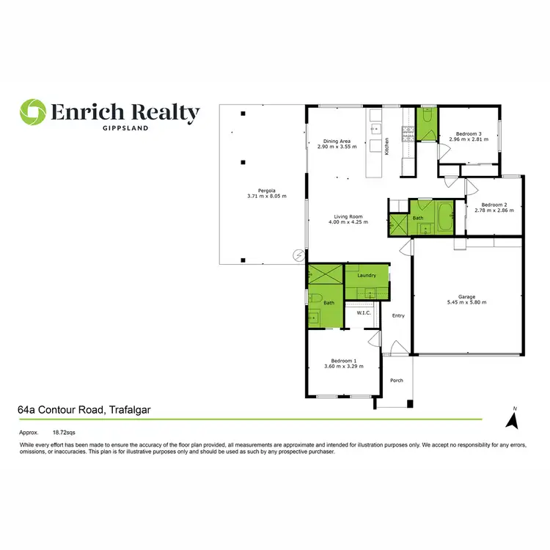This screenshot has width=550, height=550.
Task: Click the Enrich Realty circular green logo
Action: coord(32,113)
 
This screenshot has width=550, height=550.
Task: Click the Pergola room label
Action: coord(266,191)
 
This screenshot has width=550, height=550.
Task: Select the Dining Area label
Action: coord(337,142)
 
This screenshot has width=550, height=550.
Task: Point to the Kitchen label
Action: coord(387,146)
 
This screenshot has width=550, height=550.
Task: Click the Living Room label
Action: coord(348,216)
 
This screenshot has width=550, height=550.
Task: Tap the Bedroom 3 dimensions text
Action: coord(469,139)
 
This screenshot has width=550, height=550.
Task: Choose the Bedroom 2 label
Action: coord(494,205)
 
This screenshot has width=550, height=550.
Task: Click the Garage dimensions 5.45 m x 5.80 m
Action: coord(466,302)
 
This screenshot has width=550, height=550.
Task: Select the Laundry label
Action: coord(367,276)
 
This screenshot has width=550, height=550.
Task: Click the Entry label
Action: coord(398,316)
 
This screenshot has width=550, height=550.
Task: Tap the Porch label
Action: coord(397,380)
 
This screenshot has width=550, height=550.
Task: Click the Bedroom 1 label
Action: coord(343,361)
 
